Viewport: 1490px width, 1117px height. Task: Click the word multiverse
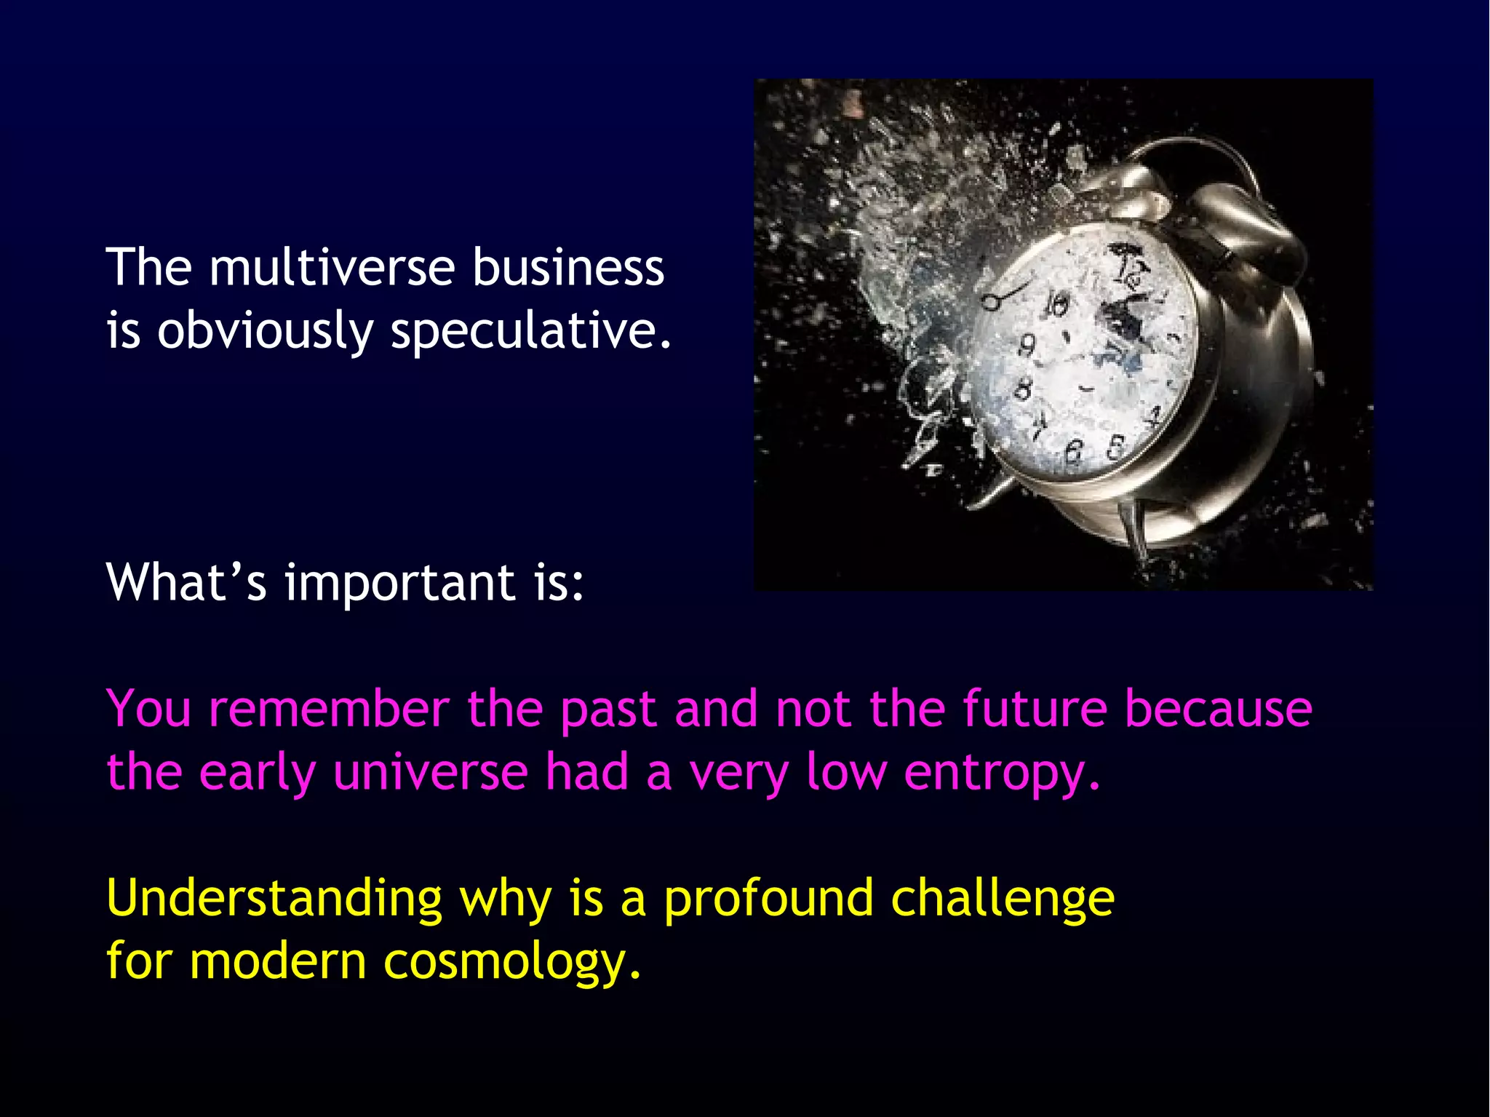pyautogui.click(x=332, y=268)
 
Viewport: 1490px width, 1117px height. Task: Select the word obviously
pyautogui.click(x=265, y=331)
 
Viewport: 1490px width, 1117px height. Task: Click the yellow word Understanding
pyautogui.click(x=274, y=899)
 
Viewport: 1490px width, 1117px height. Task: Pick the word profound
pyautogui.click(x=768, y=899)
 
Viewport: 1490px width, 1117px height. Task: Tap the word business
pyautogui.click(x=568, y=268)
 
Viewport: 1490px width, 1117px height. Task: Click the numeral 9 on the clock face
pyautogui.click(x=1027, y=343)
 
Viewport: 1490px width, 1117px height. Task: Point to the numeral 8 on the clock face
pyautogui.click(x=1023, y=389)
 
